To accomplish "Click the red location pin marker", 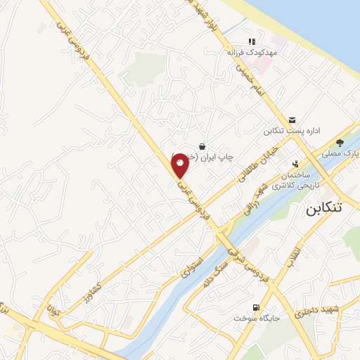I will (180, 165).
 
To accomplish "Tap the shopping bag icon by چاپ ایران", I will (202, 146).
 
